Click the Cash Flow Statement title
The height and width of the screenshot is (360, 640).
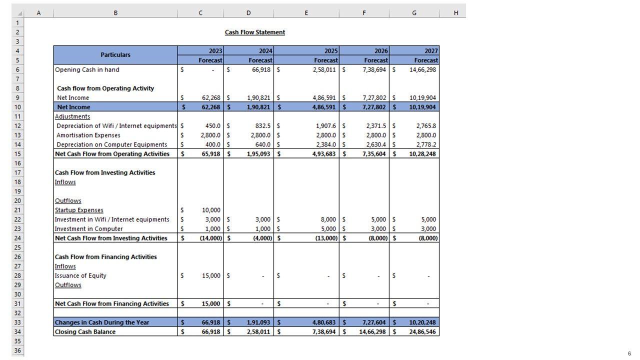point(255,32)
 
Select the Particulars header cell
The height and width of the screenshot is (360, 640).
point(115,55)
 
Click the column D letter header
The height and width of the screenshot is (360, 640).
point(248,13)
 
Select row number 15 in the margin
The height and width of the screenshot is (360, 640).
point(17,154)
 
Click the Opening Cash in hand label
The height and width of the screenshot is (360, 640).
point(87,69)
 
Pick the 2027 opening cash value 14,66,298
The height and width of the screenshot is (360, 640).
point(422,69)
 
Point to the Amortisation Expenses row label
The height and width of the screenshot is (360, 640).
point(88,135)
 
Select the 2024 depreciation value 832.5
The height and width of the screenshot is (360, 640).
point(260,126)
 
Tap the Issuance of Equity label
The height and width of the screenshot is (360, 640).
point(80,275)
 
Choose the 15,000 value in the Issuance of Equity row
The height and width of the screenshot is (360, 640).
point(210,275)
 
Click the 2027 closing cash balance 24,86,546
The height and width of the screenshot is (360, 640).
point(422,331)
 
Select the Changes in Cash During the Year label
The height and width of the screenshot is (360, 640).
point(101,322)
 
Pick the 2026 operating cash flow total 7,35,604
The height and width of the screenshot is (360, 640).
point(374,154)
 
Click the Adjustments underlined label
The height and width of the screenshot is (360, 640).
point(72,116)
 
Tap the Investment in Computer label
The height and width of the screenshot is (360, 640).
point(88,228)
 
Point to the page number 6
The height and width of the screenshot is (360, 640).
point(629,353)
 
